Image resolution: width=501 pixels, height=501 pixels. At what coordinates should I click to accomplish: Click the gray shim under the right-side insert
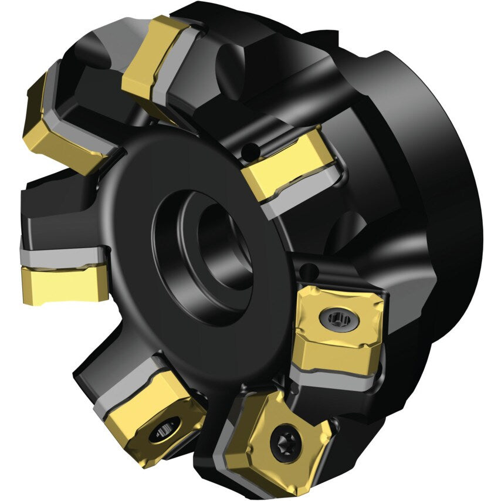coord(334,378)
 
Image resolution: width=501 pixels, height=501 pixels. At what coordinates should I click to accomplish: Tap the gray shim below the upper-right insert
coord(299,194)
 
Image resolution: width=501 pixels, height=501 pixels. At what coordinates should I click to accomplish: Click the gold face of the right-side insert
coord(340,346)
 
